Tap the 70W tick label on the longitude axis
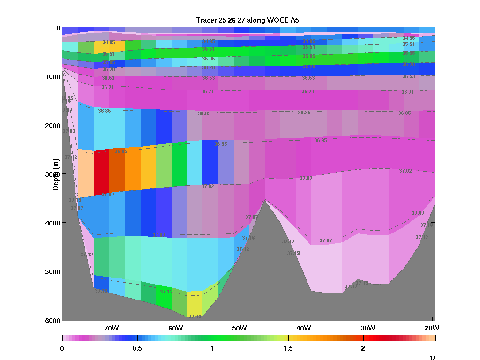(x=111, y=327)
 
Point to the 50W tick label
(x=239, y=327)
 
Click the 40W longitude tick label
(x=303, y=327)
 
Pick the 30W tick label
(x=367, y=327)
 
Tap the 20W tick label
(x=431, y=327)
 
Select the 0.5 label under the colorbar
(x=137, y=348)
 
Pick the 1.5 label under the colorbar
(x=288, y=348)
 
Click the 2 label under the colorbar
(x=363, y=348)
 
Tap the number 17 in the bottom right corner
(x=432, y=358)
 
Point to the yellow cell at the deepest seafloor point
(x=195, y=304)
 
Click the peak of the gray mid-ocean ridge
(x=265, y=201)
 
